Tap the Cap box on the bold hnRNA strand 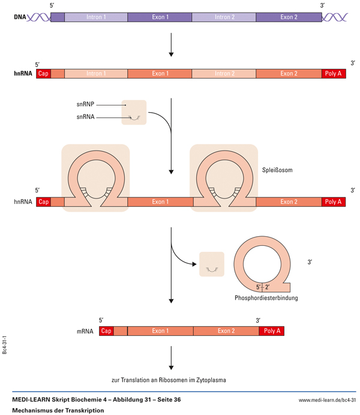point(43,74)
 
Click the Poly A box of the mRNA point(272,330)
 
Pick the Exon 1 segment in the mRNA point(160,330)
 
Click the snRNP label point(85,104)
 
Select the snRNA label point(85,117)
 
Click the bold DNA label point(19,17)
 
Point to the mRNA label point(85,330)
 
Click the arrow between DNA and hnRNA point(172,45)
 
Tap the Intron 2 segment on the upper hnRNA point(224,74)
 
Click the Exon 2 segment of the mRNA point(226,330)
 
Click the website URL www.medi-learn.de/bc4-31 point(327,399)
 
